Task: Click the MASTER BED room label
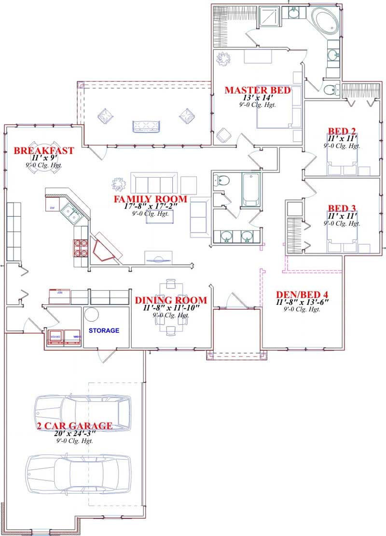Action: [x=257, y=90]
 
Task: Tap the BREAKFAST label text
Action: [x=44, y=151]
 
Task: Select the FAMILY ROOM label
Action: [x=150, y=199]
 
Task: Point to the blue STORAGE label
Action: [x=104, y=330]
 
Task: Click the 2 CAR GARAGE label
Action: [x=75, y=426]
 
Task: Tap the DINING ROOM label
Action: [x=171, y=300]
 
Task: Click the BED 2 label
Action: [x=342, y=131]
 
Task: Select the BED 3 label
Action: [x=342, y=208]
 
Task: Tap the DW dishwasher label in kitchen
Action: [x=52, y=207]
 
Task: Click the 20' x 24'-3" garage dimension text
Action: [x=74, y=434]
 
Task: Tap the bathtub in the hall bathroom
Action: [x=251, y=189]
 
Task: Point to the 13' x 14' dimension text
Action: [x=257, y=97]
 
